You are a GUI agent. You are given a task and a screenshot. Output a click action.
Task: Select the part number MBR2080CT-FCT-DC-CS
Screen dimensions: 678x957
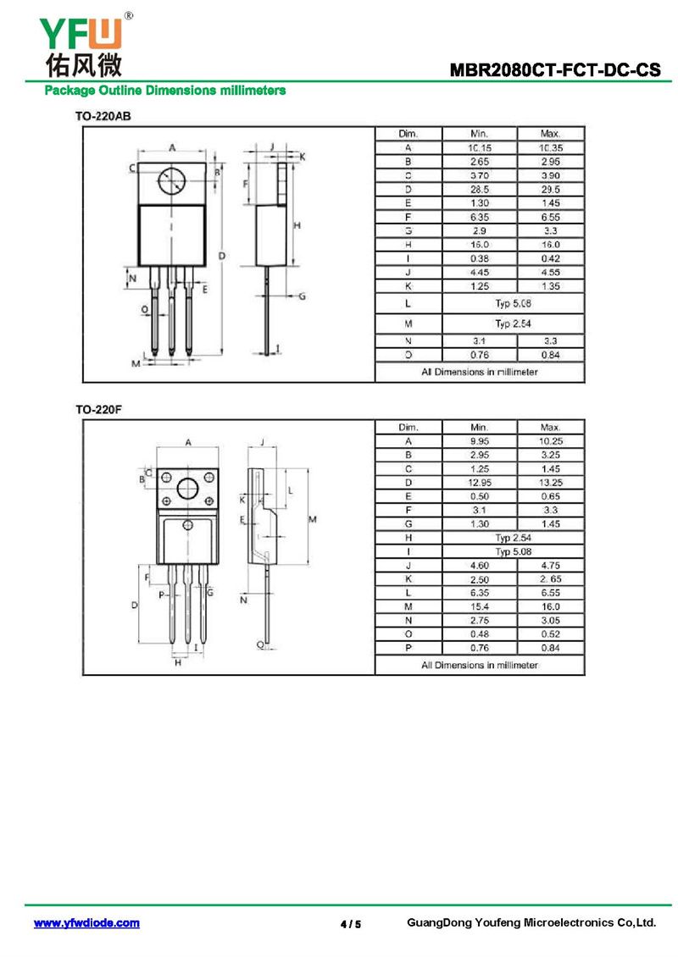[x=554, y=69]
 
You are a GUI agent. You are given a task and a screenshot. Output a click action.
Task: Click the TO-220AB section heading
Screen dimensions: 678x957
[x=103, y=116]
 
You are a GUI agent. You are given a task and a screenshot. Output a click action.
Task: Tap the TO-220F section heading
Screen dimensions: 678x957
[x=98, y=410]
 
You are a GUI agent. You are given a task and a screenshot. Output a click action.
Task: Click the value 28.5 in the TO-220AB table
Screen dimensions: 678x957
[x=480, y=189]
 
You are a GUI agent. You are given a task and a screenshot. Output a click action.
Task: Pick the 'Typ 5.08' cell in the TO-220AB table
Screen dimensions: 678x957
[x=513, y=303]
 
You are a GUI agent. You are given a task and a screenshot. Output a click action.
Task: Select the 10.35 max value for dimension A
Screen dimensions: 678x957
[x=550, y=147]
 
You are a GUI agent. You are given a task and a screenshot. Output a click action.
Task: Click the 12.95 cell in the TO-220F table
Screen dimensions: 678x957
[x=480, y=483]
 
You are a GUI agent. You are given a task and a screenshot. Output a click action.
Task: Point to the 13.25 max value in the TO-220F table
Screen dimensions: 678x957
[x=550, y=483]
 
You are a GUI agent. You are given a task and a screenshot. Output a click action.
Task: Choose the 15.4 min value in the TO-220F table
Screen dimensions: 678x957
[x=480, y=606]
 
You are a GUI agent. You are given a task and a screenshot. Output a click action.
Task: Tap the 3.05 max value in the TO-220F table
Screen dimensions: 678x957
[x=550, y=620]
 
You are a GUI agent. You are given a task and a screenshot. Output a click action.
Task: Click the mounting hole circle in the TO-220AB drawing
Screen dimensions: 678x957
[x=171, y=180]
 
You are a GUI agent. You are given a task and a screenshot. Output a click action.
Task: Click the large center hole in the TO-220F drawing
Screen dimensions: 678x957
[x=187, y=489]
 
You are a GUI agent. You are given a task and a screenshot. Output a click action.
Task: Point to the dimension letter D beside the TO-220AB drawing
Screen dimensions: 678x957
[x=222, y=256]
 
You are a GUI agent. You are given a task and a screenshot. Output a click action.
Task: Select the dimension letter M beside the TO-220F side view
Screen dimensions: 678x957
[x=312, y=519]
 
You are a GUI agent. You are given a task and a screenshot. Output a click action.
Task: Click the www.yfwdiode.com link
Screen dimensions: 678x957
[x=86, y=923]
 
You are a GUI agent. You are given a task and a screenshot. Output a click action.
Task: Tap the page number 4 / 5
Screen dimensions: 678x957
[x=351, y=924]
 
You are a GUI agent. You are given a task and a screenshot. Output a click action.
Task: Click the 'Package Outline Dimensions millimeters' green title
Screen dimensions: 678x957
[x=165, y=91]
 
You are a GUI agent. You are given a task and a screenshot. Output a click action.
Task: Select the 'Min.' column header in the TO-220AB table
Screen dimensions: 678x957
[x=480, y=134]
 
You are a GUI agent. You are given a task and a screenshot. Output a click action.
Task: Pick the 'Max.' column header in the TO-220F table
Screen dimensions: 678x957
[x=550, y=427]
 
